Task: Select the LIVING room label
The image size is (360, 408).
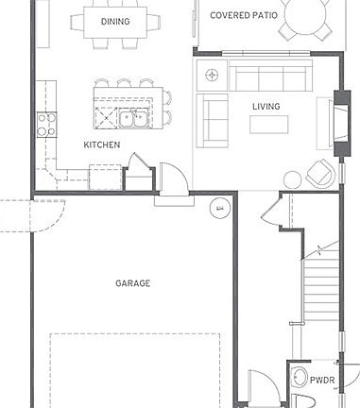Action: click(266, 106)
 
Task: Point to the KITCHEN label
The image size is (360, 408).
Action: click(101, 144)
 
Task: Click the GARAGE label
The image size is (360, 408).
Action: click(132, 282)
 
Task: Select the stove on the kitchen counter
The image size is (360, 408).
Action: click(44, 123)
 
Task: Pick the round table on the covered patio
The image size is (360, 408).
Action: click(311, 14)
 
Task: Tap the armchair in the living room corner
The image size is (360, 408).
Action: click(319, 173)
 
